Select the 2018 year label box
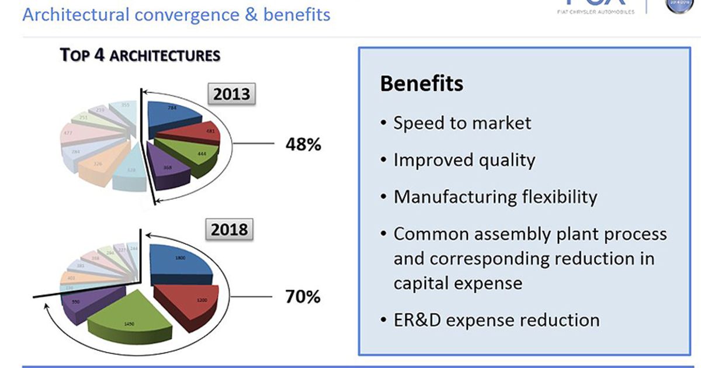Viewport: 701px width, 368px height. point(229,229)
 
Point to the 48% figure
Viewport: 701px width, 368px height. point(303,144)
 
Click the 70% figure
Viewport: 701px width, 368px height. point(303,297)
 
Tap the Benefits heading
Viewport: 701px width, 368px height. point(421,84)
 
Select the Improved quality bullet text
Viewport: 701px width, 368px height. point(464,160)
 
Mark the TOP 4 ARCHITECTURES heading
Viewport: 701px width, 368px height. point(140,55)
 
